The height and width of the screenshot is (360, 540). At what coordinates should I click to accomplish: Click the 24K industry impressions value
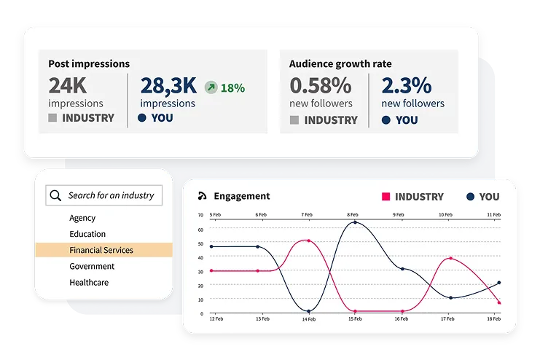coord(68,86)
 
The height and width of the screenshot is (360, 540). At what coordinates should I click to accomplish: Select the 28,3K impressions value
coord(168,86)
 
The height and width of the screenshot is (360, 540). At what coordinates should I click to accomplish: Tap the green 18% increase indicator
coord(224,87)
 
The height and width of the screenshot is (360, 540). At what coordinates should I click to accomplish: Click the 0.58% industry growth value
coord(321,86)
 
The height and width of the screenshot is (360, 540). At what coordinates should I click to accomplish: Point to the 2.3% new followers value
coord(406,86)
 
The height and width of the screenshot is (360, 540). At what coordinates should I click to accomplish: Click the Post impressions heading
coord(89,63)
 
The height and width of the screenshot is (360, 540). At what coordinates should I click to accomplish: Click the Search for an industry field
coord(111,195)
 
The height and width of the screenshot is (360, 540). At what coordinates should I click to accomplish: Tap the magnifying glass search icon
coord(55,195)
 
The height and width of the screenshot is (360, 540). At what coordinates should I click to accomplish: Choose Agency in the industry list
coord(82,218)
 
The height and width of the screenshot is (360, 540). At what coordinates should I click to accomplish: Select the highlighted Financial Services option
coord(101,250)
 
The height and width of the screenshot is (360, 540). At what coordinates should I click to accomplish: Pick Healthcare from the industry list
coord(89,282)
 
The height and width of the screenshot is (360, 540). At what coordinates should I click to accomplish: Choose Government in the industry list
coord(93,266)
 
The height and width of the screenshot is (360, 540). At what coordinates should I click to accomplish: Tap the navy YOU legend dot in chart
coord(470,197)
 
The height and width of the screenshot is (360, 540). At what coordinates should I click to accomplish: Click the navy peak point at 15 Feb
coord(355,222)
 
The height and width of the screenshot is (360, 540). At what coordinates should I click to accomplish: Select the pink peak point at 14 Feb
coord(309,240)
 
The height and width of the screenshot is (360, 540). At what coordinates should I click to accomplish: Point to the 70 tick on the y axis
coord(201,215)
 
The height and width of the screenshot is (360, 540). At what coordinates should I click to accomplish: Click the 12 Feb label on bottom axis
coord(216,318)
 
